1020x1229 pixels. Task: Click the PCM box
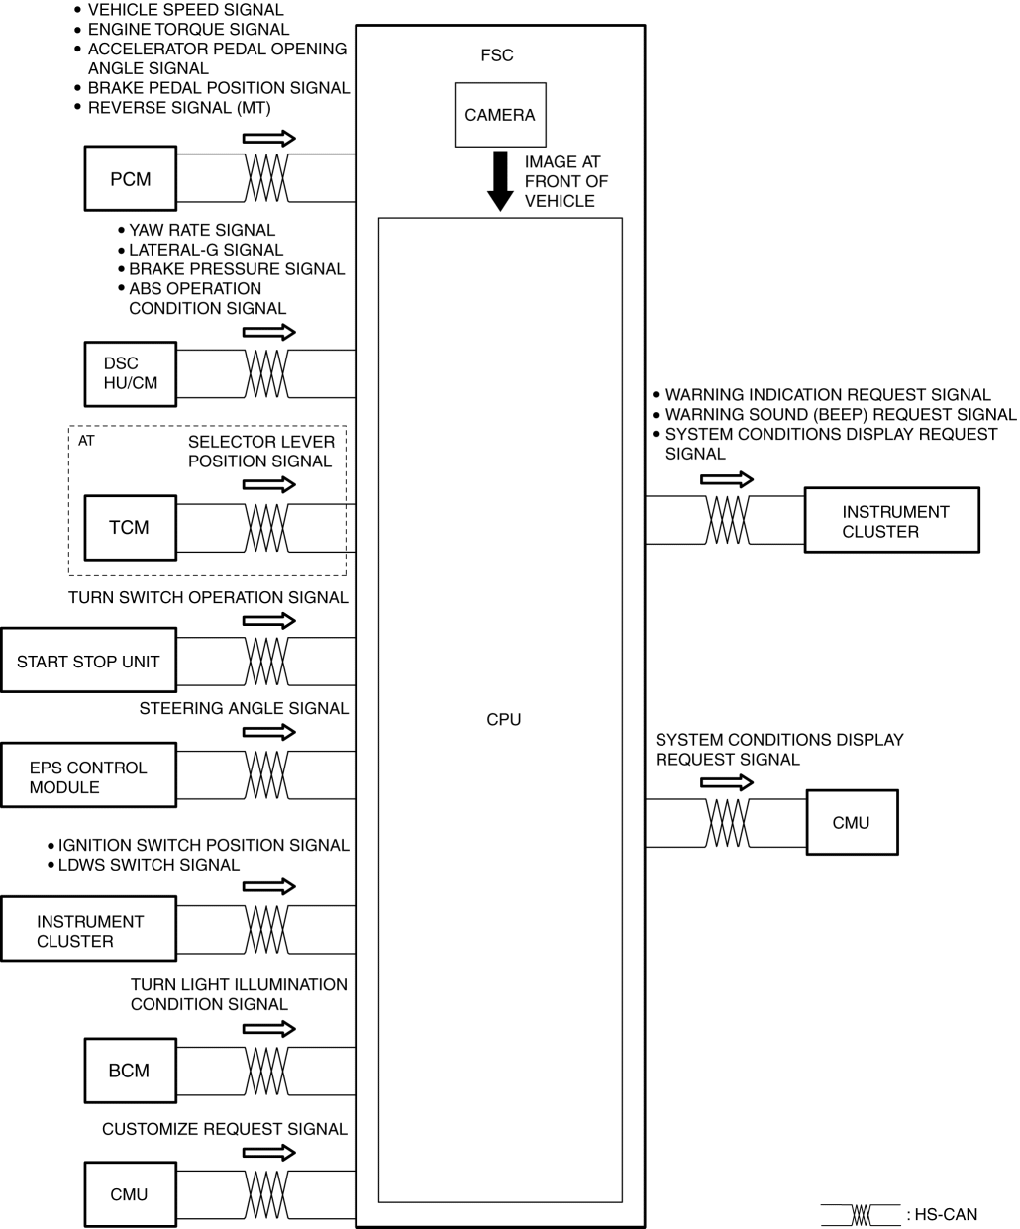[x=131, y=179]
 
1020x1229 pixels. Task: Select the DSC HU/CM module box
[x=131, y=373]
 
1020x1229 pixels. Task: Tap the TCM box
[x=130, y=527]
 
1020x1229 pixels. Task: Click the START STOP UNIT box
[x=88, y=661]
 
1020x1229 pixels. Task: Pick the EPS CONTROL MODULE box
[x=88, y=777]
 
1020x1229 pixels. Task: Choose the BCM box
[x=130, y=1070]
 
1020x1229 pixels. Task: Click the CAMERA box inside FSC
[x=500, y=115]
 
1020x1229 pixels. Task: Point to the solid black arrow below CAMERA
[x=501, y=181]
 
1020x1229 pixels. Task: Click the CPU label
[x=503, y=720]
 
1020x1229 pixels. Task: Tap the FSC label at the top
[x=497, y=55]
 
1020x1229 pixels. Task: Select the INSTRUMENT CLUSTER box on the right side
[x=891, y=521]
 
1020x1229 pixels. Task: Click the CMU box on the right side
[x=852, y=822]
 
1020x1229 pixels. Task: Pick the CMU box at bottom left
[x=130, y=1194]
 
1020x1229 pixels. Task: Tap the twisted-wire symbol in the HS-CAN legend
[x=861, y=1214]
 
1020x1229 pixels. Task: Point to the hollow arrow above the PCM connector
[x=268, y=138]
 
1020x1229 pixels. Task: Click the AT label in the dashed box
[x=86, y=441]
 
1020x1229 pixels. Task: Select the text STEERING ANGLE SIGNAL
[x=244, y=708]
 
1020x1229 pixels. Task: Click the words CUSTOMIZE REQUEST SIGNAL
[x=225, y=1129]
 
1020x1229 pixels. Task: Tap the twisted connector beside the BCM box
[x=266, y=1071]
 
